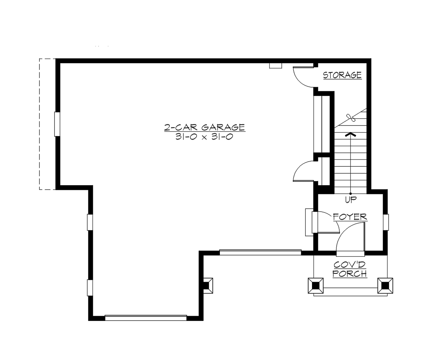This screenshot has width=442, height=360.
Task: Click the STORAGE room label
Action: click(x=342, y=75)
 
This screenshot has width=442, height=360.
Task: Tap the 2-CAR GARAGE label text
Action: click(x=204, y=127)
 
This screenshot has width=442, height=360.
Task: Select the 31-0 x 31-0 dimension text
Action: click(x=204, y=137)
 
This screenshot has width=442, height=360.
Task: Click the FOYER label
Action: click(x=350, y=216)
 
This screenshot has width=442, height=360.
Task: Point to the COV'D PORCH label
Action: click(x=350, y=269)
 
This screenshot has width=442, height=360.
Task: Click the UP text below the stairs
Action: click(x=350, y=200)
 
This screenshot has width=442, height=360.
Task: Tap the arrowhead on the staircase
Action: click(x=350, y=134)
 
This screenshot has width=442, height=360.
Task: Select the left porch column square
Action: click(x=315, y=285)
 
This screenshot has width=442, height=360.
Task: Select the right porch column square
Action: click(x=385, y=285)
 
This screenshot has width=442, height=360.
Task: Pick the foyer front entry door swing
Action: click(x=350, y=239)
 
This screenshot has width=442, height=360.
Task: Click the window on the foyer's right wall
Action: click(x=386, y=222)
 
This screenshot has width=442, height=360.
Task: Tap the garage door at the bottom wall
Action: click(x=146, y=317)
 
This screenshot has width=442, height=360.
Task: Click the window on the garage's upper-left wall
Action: click(x=57, y=124)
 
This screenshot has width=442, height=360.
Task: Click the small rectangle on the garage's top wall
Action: click(x=276, y=66)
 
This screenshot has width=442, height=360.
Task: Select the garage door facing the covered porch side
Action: click(x=260, y=252)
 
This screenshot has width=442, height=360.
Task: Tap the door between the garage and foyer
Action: click(x=326, y=223)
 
